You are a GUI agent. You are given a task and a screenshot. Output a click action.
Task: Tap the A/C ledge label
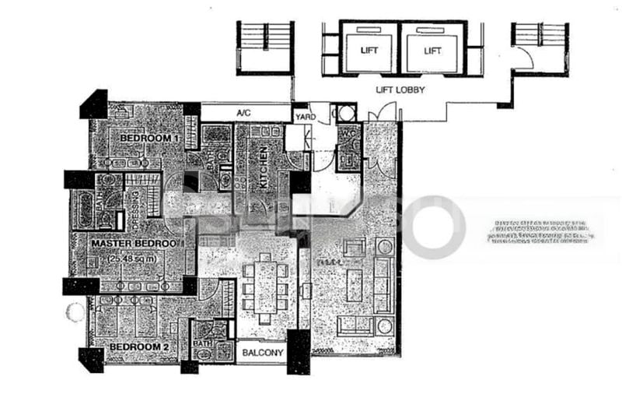point(243,114)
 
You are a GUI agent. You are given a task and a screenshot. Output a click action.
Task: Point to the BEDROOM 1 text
point(149,138)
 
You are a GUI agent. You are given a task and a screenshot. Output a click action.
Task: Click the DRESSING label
point(135,211)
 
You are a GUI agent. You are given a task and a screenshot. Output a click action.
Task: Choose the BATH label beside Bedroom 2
point(200,343)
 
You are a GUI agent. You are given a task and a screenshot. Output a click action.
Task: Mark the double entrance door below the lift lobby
point(379,132)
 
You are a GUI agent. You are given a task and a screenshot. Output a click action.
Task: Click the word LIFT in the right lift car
point(433,51)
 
